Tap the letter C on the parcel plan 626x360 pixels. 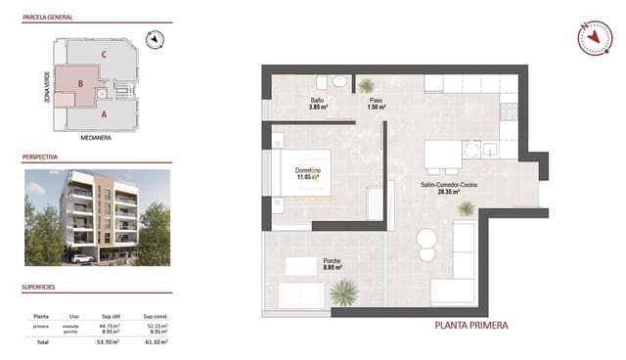coord(103,55)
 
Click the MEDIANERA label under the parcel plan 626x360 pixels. coord(95,138)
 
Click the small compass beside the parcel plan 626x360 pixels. coord(153,39)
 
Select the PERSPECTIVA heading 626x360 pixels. coord(40,157)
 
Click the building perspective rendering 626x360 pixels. coord(96,217)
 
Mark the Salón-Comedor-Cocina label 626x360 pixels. coord(449,190)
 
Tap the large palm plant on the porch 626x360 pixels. coord(343,292)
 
